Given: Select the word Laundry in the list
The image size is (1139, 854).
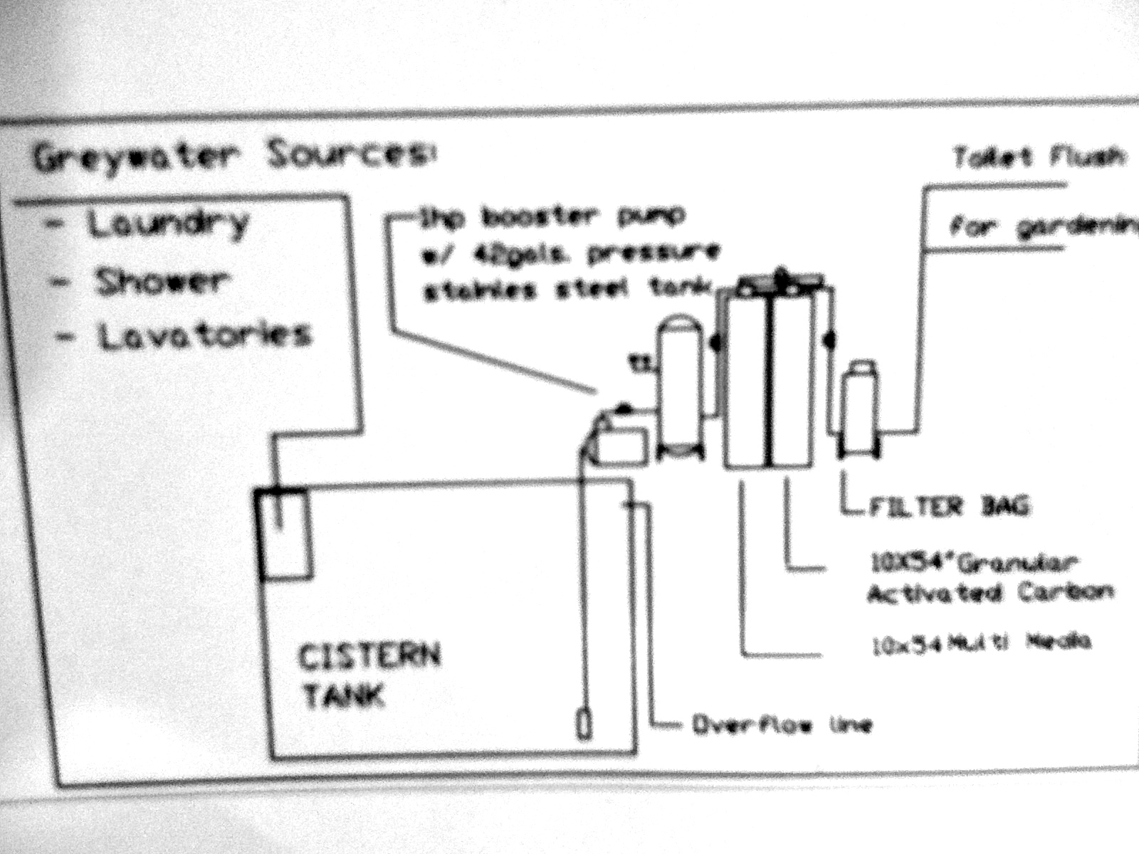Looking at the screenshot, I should (x=168, y=223).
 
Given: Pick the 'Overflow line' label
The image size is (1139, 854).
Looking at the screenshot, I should (x=781, y=725).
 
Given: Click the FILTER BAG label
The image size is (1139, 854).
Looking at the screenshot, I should (x=949, y=507).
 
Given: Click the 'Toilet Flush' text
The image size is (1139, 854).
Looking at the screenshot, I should (x=1039, y=157).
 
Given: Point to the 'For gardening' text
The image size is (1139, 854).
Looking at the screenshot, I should (x=1043, y=228).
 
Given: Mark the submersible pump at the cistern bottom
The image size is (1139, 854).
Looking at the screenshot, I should (x=583, y=724).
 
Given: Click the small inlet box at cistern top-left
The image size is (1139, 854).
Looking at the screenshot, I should (x=282, y=534).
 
